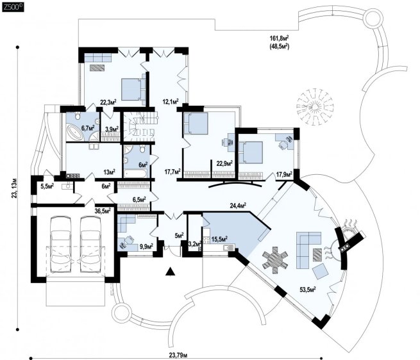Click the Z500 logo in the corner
tap(13, 7)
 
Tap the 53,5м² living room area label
tap(308, 290)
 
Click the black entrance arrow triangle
tap(170, 272)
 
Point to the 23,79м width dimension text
tap(178, 355)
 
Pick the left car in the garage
tap(60, 244)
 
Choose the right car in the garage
tap(91, 244)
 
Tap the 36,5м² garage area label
tap(103, 211)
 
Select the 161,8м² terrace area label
tap(279, 38)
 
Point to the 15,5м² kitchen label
tap(220, 239)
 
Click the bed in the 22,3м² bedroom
tap(133, 89)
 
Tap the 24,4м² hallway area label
tap(238, 206)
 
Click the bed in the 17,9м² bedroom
tap(250, 152)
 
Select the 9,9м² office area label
tap(146, 245)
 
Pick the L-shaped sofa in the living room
tap(308, 249)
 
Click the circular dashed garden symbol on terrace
tap(315, 106)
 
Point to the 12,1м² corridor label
tap(171, 101)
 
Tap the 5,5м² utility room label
tap(47, 186)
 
